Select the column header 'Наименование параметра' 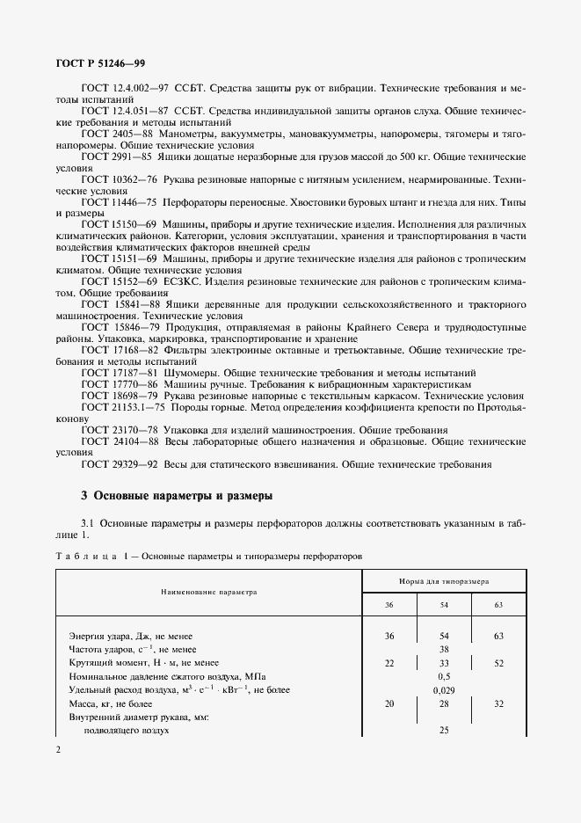click(x=208, y=593)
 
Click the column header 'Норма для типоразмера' click(x=444, y=581)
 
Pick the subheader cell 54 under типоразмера click(x=444, y=606)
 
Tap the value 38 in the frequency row click(x=444, y=649)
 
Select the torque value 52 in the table click(x=498, y=662)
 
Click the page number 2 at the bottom click(x=57, y=749)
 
